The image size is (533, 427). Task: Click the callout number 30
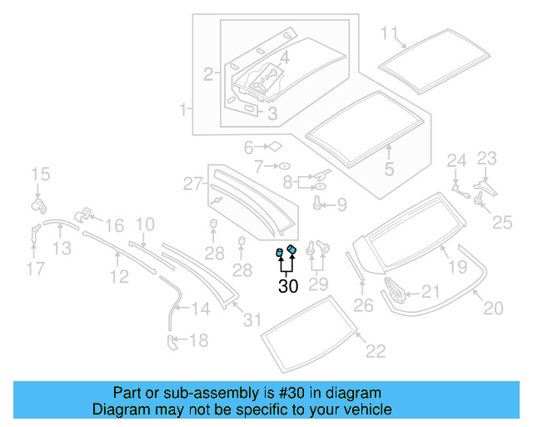(x=287, y=288)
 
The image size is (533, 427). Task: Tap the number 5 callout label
(x=389, y=170)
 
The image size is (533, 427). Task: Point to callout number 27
(x=193, y=183)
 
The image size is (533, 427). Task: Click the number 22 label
(x=376, y=351)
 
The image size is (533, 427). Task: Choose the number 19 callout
(x=457, y=267)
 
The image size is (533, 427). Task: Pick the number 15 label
(x=41, y=174)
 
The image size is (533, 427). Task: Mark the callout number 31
(x=252, y=319)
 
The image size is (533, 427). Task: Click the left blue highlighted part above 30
(x=281, y=254)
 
